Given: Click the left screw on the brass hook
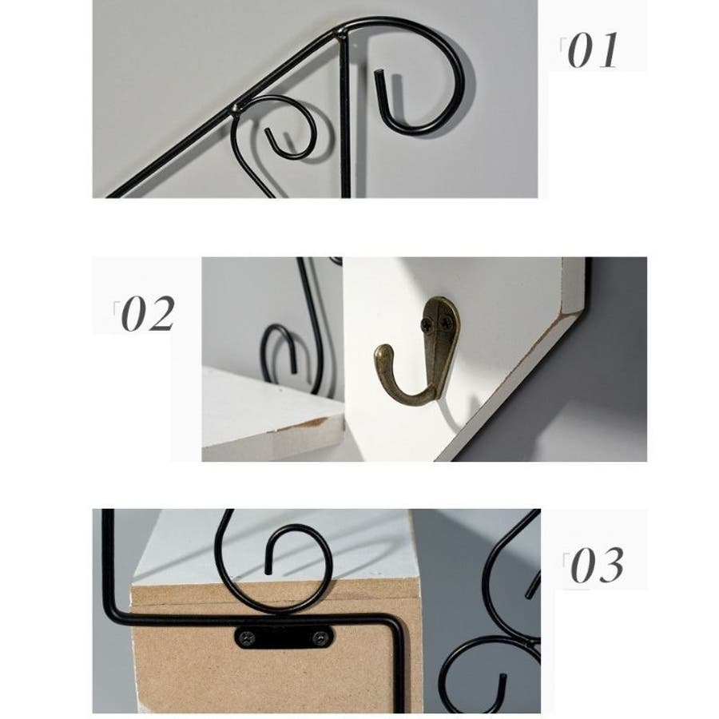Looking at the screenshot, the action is pyautogui.click(x=427, y=324).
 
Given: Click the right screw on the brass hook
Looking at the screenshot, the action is pyautogui.click(x=446, y=324).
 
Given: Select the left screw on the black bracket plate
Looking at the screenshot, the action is pyautogui.click(x=247, y=638).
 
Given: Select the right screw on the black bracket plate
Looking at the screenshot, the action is pyautogui.click(x=320, y=638).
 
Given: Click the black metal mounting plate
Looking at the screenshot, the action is pyautogui.click(x=284, y=637).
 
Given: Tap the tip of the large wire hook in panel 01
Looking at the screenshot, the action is pyautogui.click(x=379, y=73).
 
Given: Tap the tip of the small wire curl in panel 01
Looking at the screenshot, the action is pyautogui.click(x=268, y=132).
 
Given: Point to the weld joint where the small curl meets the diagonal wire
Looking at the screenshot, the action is pyautogui.click(x=237, y=108).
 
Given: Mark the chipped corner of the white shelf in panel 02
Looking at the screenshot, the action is pyautogui.click(x=316, y=423).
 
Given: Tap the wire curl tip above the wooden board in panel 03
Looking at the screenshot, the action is pyautogui.click(x=268, y=571).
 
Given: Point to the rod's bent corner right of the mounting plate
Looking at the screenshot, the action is pyautogui.click(x=395, y=624).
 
